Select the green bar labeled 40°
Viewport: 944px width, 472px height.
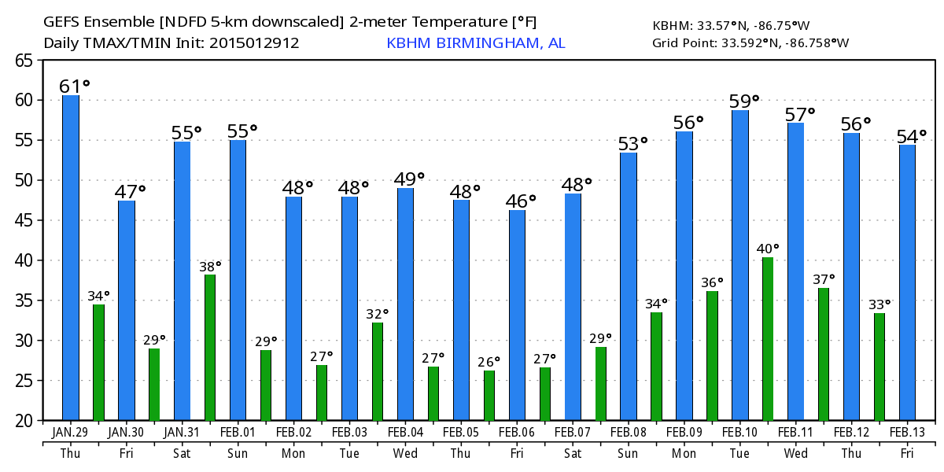point(768,338)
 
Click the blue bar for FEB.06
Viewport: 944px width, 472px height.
point(517,315)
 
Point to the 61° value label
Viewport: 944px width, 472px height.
point(75,85)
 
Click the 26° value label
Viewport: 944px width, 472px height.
point(489,362)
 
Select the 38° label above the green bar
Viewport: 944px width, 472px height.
point(210,266)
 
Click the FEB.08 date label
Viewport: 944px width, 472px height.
point(629,432)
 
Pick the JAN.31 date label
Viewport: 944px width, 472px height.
point(182,432)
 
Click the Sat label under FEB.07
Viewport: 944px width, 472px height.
point(573,453)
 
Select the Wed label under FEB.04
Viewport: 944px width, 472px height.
point(405,453)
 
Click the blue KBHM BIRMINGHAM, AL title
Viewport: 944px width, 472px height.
point(475,42)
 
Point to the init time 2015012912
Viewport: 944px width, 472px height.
point(254,42)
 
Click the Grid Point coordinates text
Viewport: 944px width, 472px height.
point(750,42)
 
